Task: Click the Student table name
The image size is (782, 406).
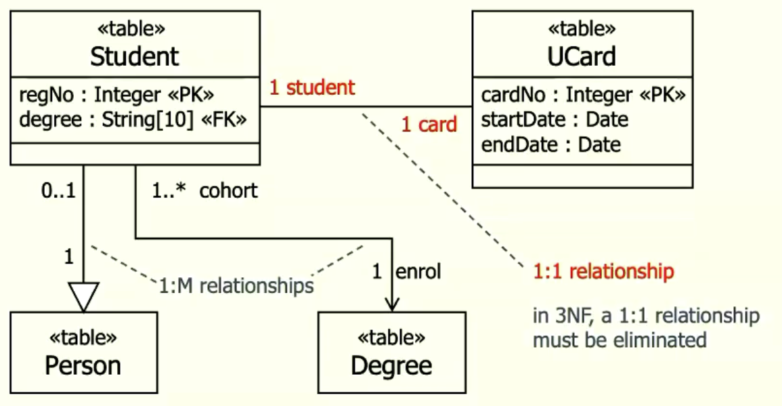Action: click(x=134, y=56)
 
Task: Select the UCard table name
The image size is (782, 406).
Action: click(x=582, y=56)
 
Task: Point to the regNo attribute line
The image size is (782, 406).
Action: click(x=116, y=94)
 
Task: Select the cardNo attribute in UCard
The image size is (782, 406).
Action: click(x=583, y=94)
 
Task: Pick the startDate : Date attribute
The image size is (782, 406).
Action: click(x=555, y=120)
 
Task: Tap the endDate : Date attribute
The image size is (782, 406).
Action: click(x=551, y=145)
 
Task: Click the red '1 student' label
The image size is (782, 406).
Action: click(x=312, y=87)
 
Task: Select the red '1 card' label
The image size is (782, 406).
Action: click(x=429, y=124)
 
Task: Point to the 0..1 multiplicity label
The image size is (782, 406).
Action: click(x=58, y=190)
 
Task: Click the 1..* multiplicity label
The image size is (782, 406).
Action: click(x=169, y=190)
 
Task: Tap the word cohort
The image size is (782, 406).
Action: click(x=228, y=190)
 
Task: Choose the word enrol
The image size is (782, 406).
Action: click(x=418, y=272)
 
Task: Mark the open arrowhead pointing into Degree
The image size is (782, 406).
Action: click(x=392, y=303)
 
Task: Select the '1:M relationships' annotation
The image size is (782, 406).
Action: click(x=236, y=286)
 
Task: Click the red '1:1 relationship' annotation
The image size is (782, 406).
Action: click(x=603, y=271)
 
